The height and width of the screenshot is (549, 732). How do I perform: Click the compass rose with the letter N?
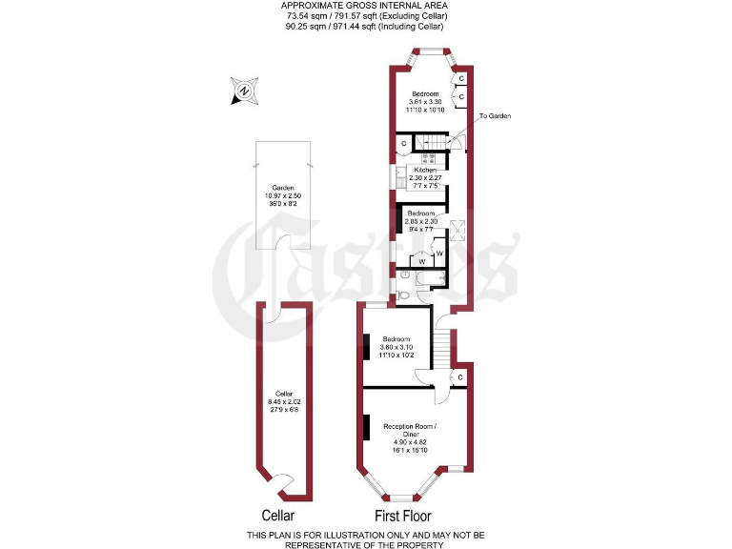(x=244, y=91)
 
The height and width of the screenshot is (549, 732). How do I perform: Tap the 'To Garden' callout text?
(x=495, y=115)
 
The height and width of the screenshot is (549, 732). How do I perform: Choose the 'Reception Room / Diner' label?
(x=411, y=430)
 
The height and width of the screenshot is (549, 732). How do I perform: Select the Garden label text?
(x=282, y=188)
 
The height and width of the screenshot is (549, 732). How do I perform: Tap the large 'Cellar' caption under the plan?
(x=271, y=516)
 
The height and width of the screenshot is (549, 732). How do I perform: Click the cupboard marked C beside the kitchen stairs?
(x=404, y=144)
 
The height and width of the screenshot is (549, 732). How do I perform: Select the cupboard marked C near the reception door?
(x=460, y=377)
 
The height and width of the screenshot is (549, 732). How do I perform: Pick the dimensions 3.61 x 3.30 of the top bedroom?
(x=424, y=102)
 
